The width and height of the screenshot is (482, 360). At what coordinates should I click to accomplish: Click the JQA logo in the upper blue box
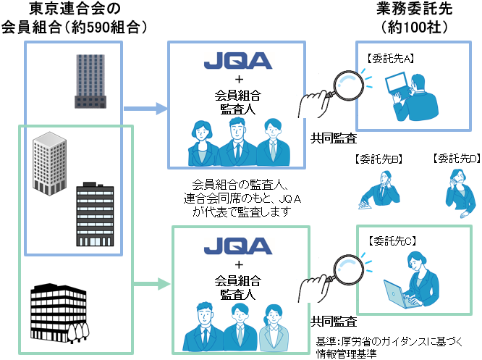[237, 60]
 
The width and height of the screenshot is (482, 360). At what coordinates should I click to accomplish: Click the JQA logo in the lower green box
[237, 248]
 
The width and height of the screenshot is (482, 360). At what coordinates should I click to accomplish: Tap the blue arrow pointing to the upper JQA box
[145, 110]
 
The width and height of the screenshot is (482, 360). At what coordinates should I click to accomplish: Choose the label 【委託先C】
[392, 240]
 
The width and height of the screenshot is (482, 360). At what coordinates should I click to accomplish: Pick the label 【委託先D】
[454, 159]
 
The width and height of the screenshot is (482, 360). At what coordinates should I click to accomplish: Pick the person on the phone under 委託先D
[458, 187]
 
